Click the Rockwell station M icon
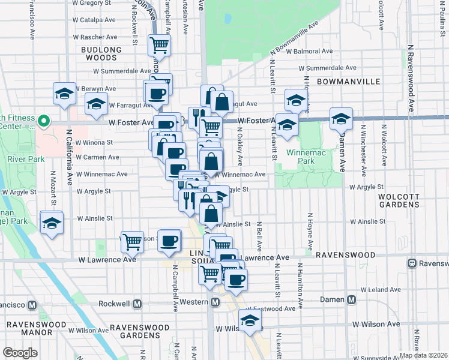tap(137, 304)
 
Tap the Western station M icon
tap(215, 303)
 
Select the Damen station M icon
tap(351, 299)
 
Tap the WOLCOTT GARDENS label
tap(399, 200)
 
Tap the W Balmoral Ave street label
tap(309, 52)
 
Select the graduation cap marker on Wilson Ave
tap(250, 320)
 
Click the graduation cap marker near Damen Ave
tap(341, 119)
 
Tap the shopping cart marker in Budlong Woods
tap(160, 44)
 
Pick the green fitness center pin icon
tap(43, 121)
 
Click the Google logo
tap(20, 353)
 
